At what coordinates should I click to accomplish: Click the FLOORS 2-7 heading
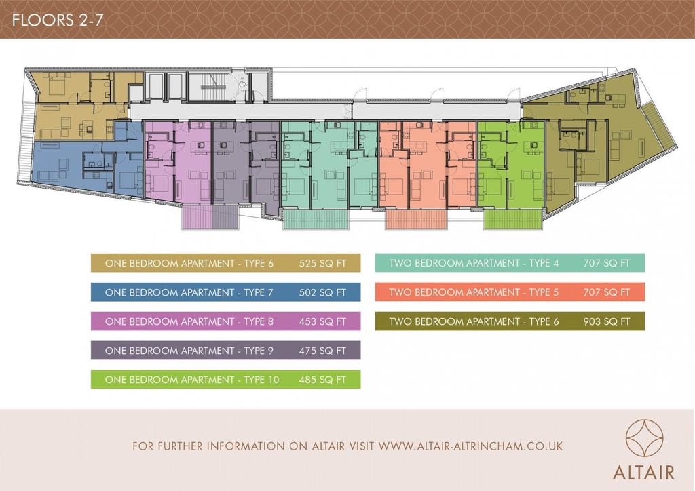pyautogui.click(x=57, y=20)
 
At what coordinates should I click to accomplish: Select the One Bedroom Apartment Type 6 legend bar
pyautogui.click(x=225, y=263)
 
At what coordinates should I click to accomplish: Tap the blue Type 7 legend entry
pyautogui.click(x=225, y=292)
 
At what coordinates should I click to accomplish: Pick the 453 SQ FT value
pyautogui.click(x=322, y=321)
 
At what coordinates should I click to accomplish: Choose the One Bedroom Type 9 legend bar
pyautogui.click(x=225, y=350)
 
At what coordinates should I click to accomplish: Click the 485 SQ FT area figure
pyautogui.click(x=322, y=379)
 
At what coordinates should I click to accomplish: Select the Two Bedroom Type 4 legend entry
pyautogui.click(x=510, y=263)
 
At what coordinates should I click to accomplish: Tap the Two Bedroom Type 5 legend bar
pyautogui.click(x=510, y=292)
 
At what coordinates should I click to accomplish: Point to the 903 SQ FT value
pyautogui.click(x=606, y=321)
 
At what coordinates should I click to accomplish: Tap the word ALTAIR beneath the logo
pyautogui.click(x=643, y=472)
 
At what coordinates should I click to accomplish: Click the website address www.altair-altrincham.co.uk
pyautogui.click(x=470, y=446)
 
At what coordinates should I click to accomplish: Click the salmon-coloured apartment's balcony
pyautogui.click(x=415, y=219)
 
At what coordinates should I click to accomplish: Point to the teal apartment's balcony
pyautogui.click(x=316, y=219)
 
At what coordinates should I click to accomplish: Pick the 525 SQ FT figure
pyautogui.click(x=322, y=263)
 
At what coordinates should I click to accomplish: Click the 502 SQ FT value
pyautogui.click(x=322, y=292)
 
